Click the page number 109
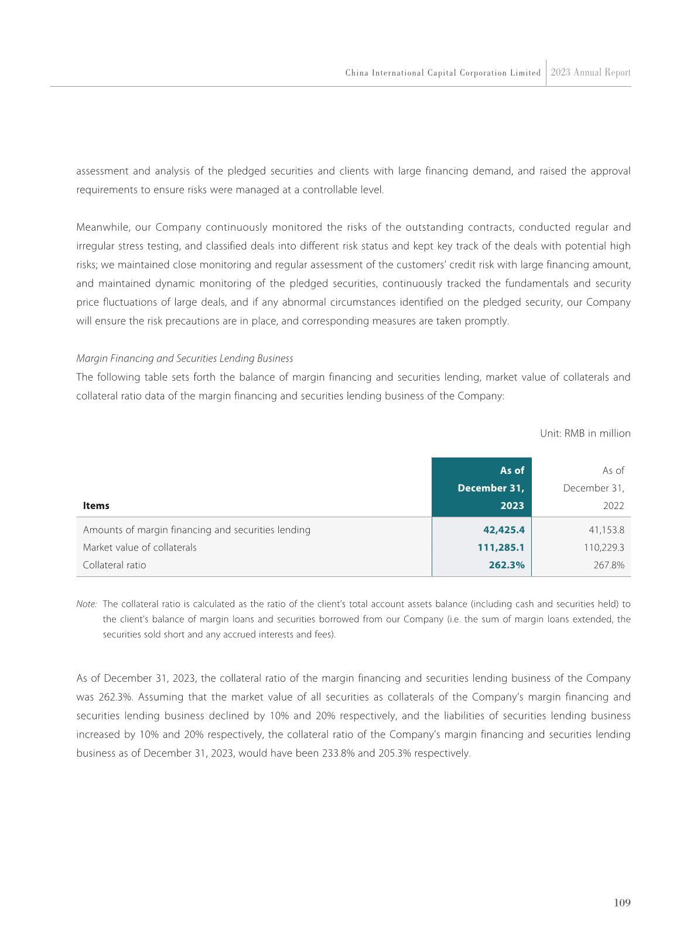coord(622,903)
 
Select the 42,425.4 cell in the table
coord(503,530)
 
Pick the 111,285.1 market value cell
coord(501,548)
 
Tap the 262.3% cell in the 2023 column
coord(507,565)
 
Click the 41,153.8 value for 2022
coord(606,530)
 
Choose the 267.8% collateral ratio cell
coord(609,565)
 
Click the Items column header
coord(96,506)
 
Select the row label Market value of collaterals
coord(140,548)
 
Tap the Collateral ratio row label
coord(115,565)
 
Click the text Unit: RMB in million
coord(585,433)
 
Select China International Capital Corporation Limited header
coord(443,73)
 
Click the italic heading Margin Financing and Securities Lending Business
coord(184,358)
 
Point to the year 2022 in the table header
coord(612,506)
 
